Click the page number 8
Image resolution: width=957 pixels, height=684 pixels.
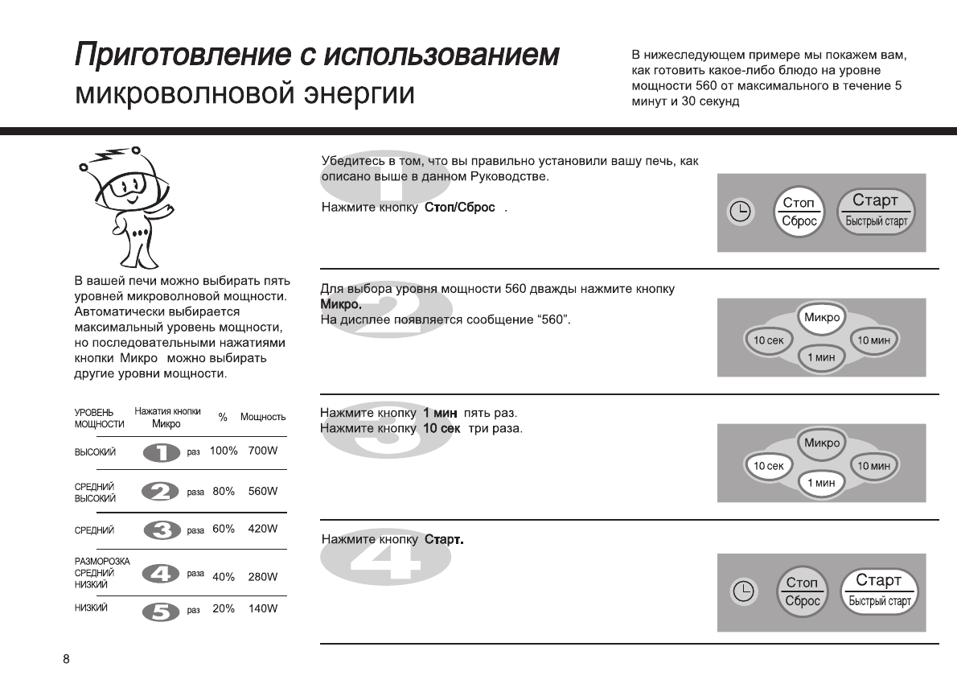click(x=66, y=660)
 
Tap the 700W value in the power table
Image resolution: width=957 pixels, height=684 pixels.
click(x=263, y=451)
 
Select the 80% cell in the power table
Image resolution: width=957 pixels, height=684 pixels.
click(x=224, y=491)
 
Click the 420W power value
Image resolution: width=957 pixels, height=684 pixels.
click(x=263, y=529)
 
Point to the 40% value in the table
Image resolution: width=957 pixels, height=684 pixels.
click(x=224, y=577)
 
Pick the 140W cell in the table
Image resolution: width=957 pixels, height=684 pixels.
click(x=263, y=609)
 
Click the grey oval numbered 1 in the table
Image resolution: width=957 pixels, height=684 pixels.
click(x=162, y=453)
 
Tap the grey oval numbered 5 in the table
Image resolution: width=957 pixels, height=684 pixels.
click(x=161, y=612)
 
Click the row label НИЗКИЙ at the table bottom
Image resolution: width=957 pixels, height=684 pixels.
click(x=91, y=608)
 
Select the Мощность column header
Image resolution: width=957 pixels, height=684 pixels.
click(x=263, y=417)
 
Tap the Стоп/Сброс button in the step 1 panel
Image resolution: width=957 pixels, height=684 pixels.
click(x=799, y=212)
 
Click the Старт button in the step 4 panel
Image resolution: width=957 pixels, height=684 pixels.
click(x=879, y=590)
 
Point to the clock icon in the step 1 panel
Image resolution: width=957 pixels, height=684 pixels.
click(x=739, y=212)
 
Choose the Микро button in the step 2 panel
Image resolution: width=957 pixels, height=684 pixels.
click(x=821, y=318)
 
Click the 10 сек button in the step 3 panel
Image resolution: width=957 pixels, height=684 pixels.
click(x=768, y=466)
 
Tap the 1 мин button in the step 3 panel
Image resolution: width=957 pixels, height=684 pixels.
click(x=821, y=483)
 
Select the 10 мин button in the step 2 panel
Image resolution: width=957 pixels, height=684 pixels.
click(x=874, y=340)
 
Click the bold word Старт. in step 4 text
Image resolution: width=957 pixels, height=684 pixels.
click(x=444, y=539)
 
